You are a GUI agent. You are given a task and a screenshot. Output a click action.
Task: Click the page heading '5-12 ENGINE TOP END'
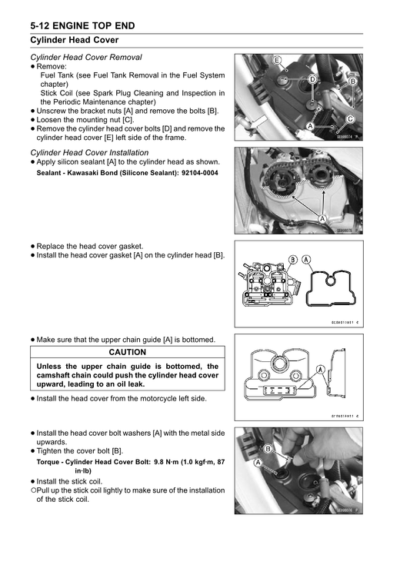pyautogui.click(x=82, y=26)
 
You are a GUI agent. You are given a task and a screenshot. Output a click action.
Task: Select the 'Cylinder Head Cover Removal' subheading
pyautogui.click(x=86, y=57)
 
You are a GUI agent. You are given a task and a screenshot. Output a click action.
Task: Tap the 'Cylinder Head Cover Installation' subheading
pyautogui.click(x=89, y=153)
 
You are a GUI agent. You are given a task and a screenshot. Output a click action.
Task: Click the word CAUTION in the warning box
pyautogui.click(x=128, y=352)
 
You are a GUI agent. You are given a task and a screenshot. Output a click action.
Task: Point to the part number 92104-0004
pyautogui.click(x=200, y=173)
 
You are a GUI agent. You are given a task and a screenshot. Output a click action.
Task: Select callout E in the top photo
pyautogui.click(x=277, y=61)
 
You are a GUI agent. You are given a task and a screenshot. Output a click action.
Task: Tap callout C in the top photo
pyautogui.click(x=350, y=119)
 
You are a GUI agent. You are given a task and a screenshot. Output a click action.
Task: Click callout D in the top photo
pyautogui.click(x=312, y=79)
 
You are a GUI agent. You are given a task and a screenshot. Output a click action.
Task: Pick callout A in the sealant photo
pyautogui.click(x=322, y=219)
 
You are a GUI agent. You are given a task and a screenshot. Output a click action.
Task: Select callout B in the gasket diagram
pyautogui.click(x=292, y=260)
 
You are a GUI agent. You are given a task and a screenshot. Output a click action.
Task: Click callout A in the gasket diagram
pyautogui.click(x=306, y=260)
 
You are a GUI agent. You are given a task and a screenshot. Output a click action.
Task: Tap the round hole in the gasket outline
pyautogui.click(x=330, y=281)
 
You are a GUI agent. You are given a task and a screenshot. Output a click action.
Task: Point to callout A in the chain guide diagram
pyautogui.click(x=320, y=370)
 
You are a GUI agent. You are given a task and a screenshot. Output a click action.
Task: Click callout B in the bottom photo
pyautogui.click(x=268, y=449)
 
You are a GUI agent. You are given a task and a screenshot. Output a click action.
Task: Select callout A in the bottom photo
pyautogui.click(x=257, y=463)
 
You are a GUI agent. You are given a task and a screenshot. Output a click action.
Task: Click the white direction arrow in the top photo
pyautogui.click(x=258, y=122)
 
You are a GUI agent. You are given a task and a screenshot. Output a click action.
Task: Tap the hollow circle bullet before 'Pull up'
pyautogui.click(x=33, y=490)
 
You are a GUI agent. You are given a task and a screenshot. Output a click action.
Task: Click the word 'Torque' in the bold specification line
pyautogui.click(x=48, y=462)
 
